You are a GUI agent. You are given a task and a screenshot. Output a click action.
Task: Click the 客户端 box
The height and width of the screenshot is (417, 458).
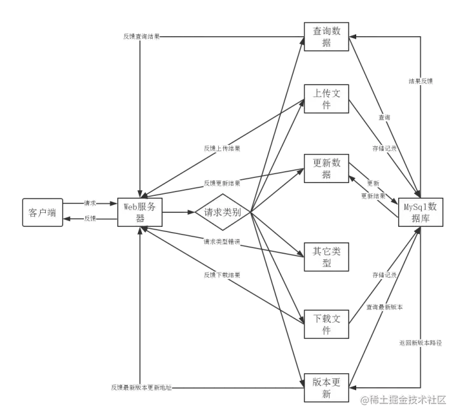point(43,212)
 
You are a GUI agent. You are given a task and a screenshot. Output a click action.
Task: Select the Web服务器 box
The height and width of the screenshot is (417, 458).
point(140,212)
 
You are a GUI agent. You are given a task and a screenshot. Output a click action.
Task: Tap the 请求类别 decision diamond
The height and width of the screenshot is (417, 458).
point(222,212)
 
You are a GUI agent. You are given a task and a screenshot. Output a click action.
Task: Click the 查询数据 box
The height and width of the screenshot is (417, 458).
point(326,36)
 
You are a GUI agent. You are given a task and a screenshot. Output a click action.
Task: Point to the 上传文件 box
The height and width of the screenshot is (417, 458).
point(326,99)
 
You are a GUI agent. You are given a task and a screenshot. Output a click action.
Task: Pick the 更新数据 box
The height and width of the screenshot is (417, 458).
point(326,168)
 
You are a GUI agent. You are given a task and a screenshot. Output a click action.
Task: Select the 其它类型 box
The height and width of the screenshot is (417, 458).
point(326,257)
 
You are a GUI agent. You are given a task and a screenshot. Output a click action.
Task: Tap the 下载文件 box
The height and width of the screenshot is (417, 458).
point(326,324)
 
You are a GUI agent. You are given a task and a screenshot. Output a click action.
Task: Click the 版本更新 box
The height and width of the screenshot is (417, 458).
point(326,388)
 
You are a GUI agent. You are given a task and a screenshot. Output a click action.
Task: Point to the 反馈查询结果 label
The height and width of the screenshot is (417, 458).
point(142,36)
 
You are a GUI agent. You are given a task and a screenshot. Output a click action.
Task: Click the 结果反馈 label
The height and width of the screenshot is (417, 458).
point(420,81)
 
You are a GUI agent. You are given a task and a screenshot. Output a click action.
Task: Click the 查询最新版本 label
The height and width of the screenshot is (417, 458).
point(384,307)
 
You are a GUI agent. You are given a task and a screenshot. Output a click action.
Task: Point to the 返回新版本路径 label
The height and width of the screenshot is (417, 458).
point(419,342)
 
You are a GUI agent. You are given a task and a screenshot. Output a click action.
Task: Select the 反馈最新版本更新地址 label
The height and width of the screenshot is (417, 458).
point(141,386)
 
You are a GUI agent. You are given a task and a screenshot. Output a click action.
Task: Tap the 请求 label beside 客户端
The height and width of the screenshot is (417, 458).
point(90,203)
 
